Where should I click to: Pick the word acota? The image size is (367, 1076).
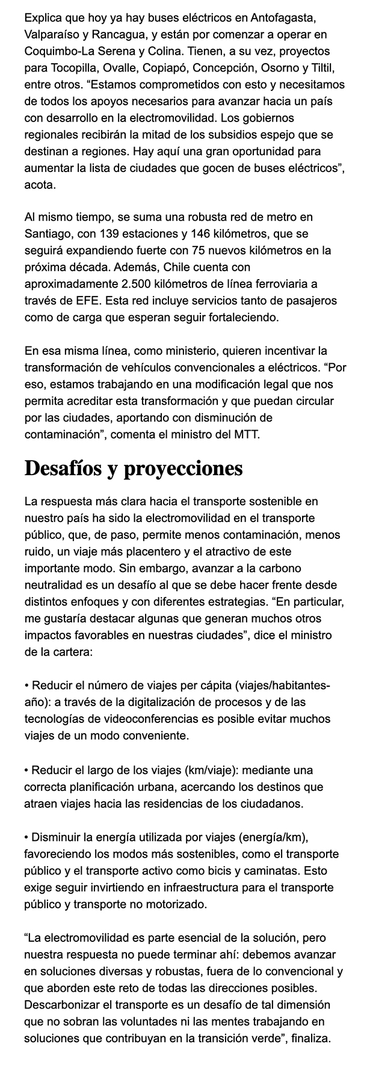click(39, 185)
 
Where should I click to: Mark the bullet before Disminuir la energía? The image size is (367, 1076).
click(27, 837)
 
